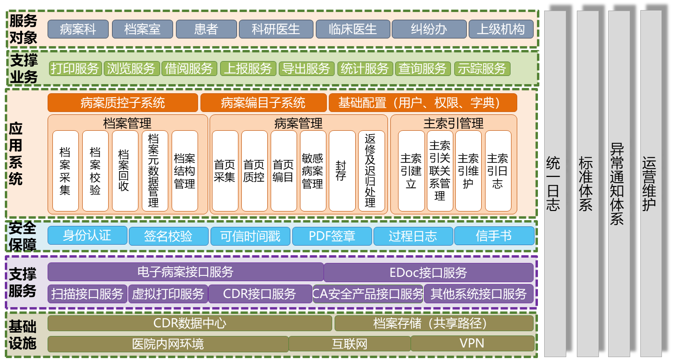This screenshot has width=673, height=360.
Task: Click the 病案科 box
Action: [78, 29]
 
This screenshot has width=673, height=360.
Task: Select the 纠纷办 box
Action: [429, 29]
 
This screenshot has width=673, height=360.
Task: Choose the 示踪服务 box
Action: [482, 69]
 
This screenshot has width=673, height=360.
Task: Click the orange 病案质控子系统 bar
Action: [123, 103]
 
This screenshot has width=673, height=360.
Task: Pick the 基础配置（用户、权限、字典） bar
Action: [423, 103]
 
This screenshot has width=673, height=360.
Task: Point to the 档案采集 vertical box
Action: [65, 171]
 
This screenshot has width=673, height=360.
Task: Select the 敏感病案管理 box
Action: [313, 171]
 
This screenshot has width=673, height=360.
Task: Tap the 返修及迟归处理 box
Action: [371, 171]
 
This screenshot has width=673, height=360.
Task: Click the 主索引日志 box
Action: [498, 171]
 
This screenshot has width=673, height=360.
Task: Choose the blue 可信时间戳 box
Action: [250, 236]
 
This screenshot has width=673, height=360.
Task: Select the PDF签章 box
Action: [332, 236]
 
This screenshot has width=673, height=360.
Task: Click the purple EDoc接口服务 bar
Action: [428, 273]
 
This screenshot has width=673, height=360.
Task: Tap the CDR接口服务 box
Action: [260, 294]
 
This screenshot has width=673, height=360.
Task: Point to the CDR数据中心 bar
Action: [189, 323]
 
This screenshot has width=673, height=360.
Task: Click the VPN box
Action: [472, 344]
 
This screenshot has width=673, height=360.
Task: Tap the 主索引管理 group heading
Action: [453, 124]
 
